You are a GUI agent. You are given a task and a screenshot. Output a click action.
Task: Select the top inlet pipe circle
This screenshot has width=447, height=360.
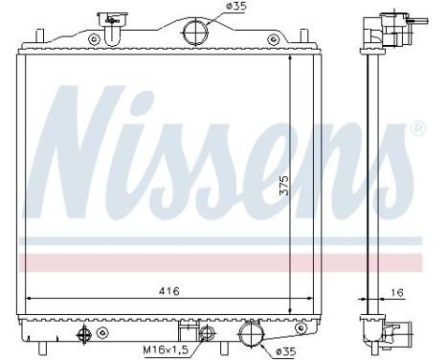click(196, 31)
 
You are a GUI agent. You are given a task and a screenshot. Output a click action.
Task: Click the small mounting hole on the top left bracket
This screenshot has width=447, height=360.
click(94, 39)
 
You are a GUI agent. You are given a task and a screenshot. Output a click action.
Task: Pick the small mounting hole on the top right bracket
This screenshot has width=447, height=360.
click(273, 39)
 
